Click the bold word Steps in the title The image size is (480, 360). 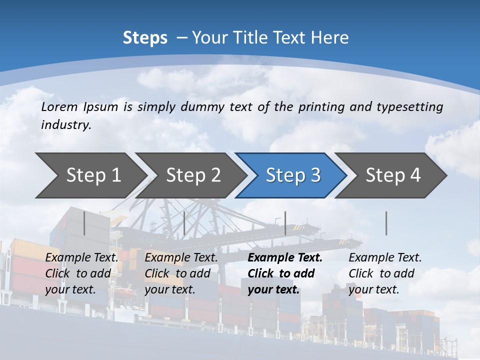click(145, 38)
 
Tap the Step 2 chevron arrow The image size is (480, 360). click(193, 175)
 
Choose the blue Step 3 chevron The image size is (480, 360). click(293, 175)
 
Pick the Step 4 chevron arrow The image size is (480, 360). click(393, 175)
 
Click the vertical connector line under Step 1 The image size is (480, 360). click(84, 223)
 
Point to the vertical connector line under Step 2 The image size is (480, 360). click(184, 223)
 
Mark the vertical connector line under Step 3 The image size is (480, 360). click(285, 223)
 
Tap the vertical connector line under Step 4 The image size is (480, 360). click(386, 223)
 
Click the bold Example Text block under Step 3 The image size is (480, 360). click(285, 273)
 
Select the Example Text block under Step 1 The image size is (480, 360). click(81, 273)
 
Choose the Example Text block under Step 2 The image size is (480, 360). click(181, 273)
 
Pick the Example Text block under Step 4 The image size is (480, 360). click(385, 273)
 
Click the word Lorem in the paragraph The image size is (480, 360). click(59, 106)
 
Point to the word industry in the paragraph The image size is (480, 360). click(66, 125)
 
